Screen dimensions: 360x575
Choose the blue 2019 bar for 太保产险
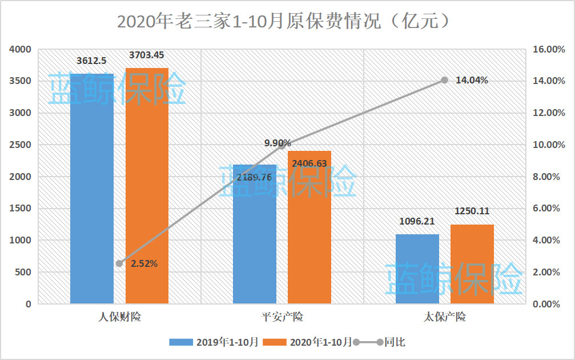click(417, 269)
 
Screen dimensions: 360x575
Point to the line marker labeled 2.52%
click(119, 263)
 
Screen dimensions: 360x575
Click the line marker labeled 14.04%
click(445, 81)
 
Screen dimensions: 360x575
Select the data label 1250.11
click(472, 211)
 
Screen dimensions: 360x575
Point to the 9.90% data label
click(278, 143)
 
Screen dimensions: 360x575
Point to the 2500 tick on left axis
click(20, 145)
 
